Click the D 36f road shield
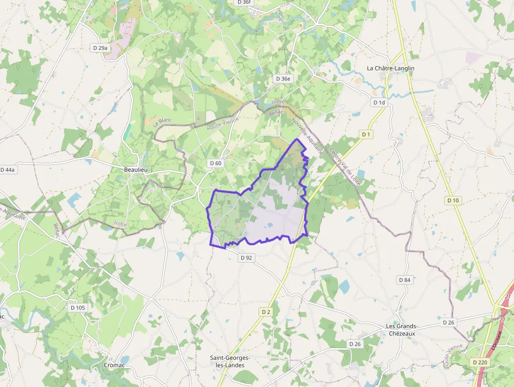(244, 2)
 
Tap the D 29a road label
(100, 48)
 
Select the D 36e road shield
(283, 79)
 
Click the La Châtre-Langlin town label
(390, 68)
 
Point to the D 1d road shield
(379, 102)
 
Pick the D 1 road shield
(366, 134)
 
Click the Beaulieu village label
(135, 170)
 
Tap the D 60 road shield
(216, 163)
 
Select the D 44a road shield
(7, 170)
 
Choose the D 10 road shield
(453, 200)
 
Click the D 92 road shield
(246, 258)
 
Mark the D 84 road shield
(404, 280)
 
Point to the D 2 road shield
(266, 312)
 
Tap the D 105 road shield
(77, 307)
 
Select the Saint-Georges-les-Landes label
(230, 361)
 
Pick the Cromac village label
(114, 365)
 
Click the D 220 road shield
(479, 362)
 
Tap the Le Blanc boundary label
(162, 123)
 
